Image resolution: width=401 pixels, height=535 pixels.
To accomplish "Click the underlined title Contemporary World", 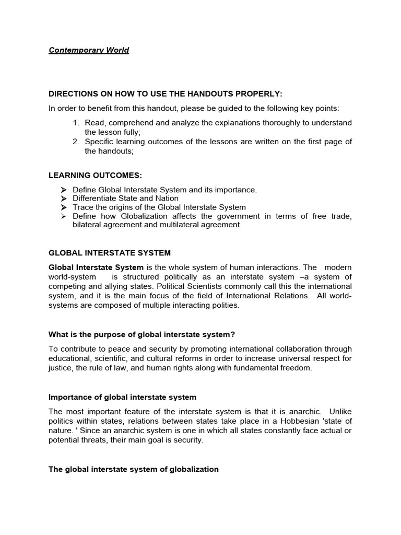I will pyautogui.click(x=89, y=50).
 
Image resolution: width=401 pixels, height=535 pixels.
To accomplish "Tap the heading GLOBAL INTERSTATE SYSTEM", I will pyautogui.click(x=110, y=253).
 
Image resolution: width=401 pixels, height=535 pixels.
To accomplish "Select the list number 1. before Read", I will pyautogui.click(x=76, y=123).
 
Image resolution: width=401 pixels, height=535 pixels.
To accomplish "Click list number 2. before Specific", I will pyautogui.click(x=76, y=142).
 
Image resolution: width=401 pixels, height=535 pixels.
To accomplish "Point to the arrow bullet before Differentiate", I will pyautogui.click(x=64, y=199).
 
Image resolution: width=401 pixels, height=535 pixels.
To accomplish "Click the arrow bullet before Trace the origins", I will pyautogui.click(x=64, y=207).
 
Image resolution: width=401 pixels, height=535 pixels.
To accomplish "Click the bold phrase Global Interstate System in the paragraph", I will pyautogui.click(x=96, y=267).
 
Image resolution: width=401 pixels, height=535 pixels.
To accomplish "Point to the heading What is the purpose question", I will pyautogui.click(x=146, y=334).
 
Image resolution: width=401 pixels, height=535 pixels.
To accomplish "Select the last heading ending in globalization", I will pyautogui.click(x=134, y=469).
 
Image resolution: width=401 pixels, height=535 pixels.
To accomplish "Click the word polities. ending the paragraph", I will pyautogui.click(x=224, y=306).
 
